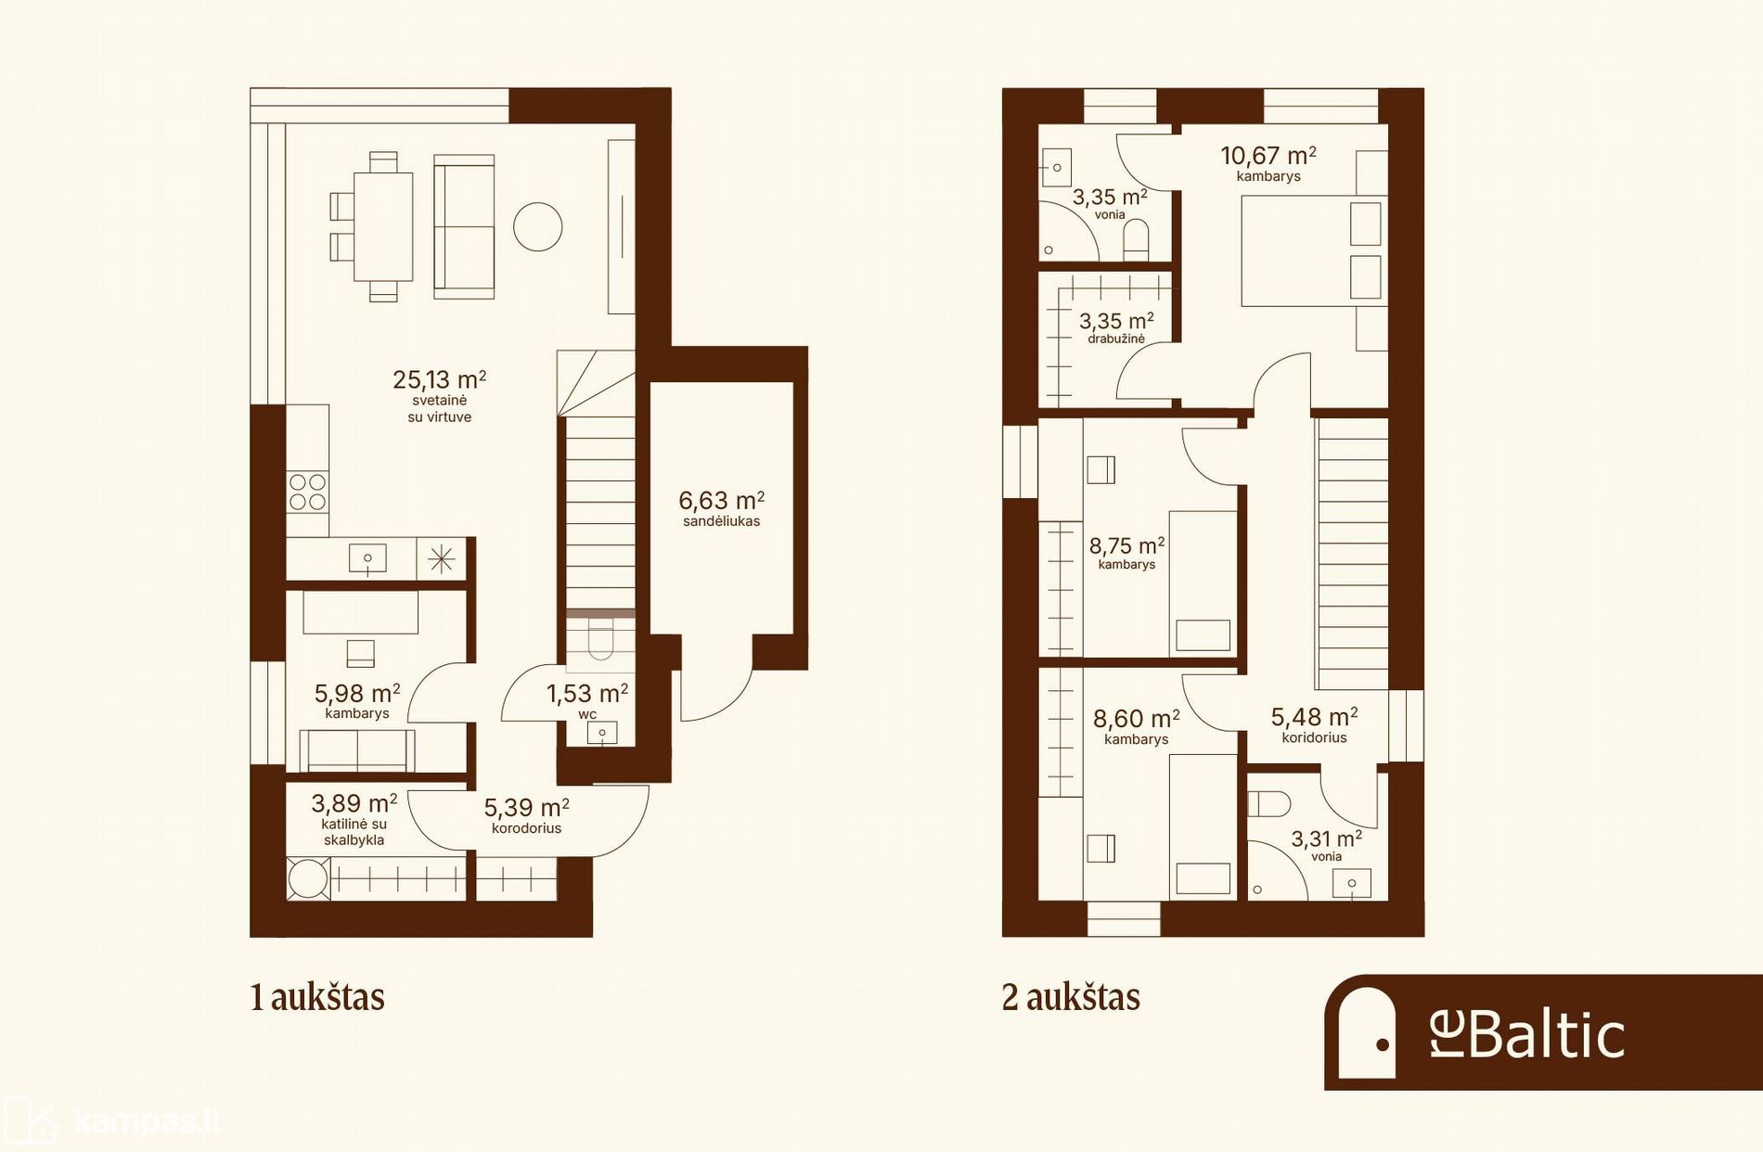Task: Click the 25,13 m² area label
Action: click(439, 379)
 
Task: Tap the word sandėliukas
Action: click(721, 521)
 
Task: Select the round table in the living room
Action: click(538, 226)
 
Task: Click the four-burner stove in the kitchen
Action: click(307, 492)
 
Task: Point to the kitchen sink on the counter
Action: click(367, 558)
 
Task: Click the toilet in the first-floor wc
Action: click(600, 639)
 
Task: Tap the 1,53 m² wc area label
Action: click(586, 694)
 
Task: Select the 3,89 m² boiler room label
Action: click(354, 803)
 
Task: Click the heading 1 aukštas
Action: click(317, 997)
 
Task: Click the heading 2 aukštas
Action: click(1071, 997)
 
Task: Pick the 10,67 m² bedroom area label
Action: click(1268, 155)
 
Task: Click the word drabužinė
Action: click(1116, 339)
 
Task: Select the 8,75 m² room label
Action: click(1126, 546)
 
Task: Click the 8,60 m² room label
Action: click(1136, 719)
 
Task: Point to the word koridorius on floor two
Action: click(1314, 737)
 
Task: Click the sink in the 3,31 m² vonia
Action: click(1352, 883)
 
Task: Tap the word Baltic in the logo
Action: click(1547, 1035)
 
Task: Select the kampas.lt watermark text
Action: click(147, 1121)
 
